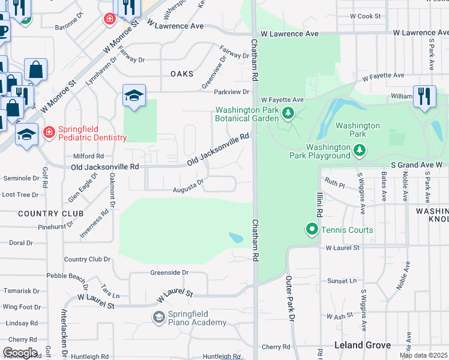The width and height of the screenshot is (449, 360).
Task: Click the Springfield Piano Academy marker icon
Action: pos(159,316)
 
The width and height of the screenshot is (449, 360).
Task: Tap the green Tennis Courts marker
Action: pos(312,229)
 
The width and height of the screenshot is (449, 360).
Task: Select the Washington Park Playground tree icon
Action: pos(359,149)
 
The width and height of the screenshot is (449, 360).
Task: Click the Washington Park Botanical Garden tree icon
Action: pos(288,112)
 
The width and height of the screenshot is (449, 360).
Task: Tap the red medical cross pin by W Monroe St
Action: pos(109,19)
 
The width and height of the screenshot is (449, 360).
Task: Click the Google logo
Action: pos(20,353)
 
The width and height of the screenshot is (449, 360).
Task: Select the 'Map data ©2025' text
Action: pos(423,355)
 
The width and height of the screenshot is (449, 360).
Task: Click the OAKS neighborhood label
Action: pos(182,74)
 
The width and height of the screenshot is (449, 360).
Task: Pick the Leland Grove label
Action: pos(363,345)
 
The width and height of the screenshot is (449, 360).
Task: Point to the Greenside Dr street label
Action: pos(169,272)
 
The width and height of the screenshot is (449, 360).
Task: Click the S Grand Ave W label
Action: pos(416,164)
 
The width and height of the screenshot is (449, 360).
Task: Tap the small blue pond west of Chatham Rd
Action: pos(237,238)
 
